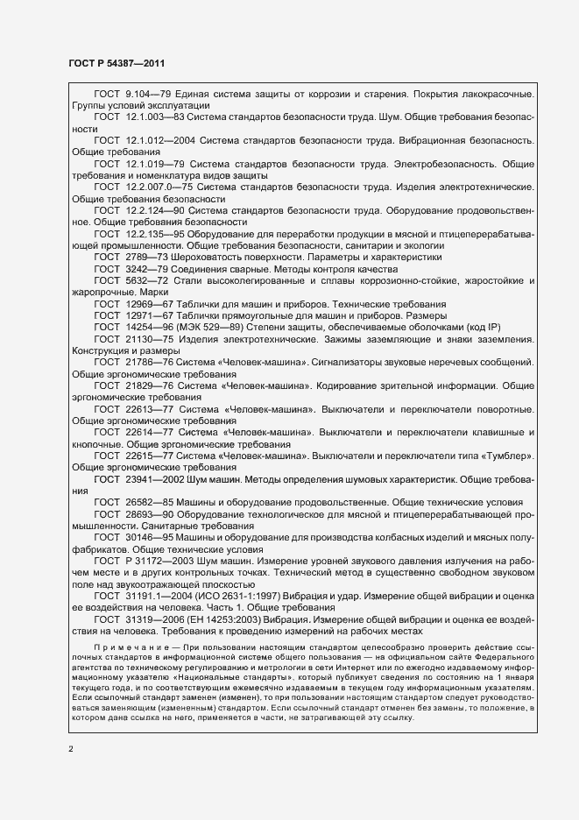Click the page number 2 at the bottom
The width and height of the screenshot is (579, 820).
[72, 747]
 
